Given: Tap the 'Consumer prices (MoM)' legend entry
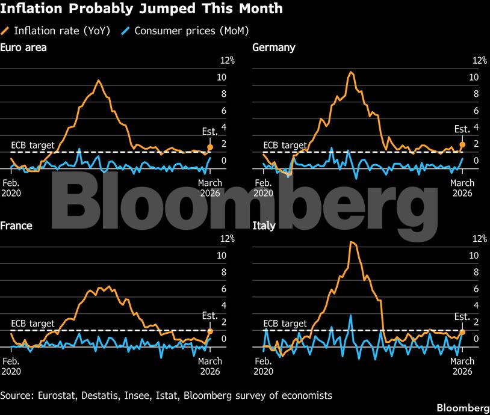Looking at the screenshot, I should pyautogui.click(x=187, y=30).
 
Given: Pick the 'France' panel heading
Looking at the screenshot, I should pyautogui.click(x=16, y=226).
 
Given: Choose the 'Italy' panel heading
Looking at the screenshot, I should pyautogui.click(x=262, y=226).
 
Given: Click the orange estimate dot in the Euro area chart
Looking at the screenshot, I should pyautogui.click(x=210, y=147).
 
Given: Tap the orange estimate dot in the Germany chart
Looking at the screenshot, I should pyautogui.click(x=462, y=144).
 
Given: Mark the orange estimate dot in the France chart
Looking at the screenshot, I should pyautogui.click(x=210, y=331).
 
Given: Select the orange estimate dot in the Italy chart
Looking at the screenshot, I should pyautogui.click(x=462, y=332).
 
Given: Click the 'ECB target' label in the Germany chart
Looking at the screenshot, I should pyautogui.click(x=285, y=145).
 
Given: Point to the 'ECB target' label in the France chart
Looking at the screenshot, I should pyautogui.click(x=33, y=324).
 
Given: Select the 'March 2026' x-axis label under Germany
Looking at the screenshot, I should pyautogui.click(x=462, y=188).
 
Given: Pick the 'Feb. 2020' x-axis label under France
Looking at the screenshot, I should pyautogui.click(x=11, y=366).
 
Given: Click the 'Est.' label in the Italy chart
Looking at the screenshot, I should pyautogui.click(x=462, y=317).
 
